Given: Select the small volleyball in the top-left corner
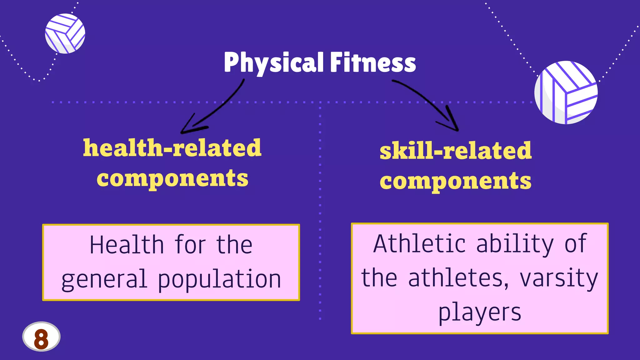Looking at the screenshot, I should tap(65, 33).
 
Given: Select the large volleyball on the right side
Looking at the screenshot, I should tap(566, 92).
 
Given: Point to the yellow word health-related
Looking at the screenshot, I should tap(172, 148).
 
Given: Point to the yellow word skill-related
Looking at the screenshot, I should tap(455, 151).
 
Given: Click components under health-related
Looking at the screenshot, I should tap(172, 178).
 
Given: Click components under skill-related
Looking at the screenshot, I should tap(455, 181).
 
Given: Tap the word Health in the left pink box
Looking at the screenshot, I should tap(127, 245).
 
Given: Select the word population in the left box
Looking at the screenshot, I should tap(219, 279).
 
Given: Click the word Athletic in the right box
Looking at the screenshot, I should tap(419, 244).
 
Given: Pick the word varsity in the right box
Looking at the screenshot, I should tap(558, 278).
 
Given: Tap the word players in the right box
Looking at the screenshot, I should tap(480, 312).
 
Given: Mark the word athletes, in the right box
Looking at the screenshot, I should tap(458, 278).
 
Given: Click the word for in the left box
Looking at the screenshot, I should tap(190, 245).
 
